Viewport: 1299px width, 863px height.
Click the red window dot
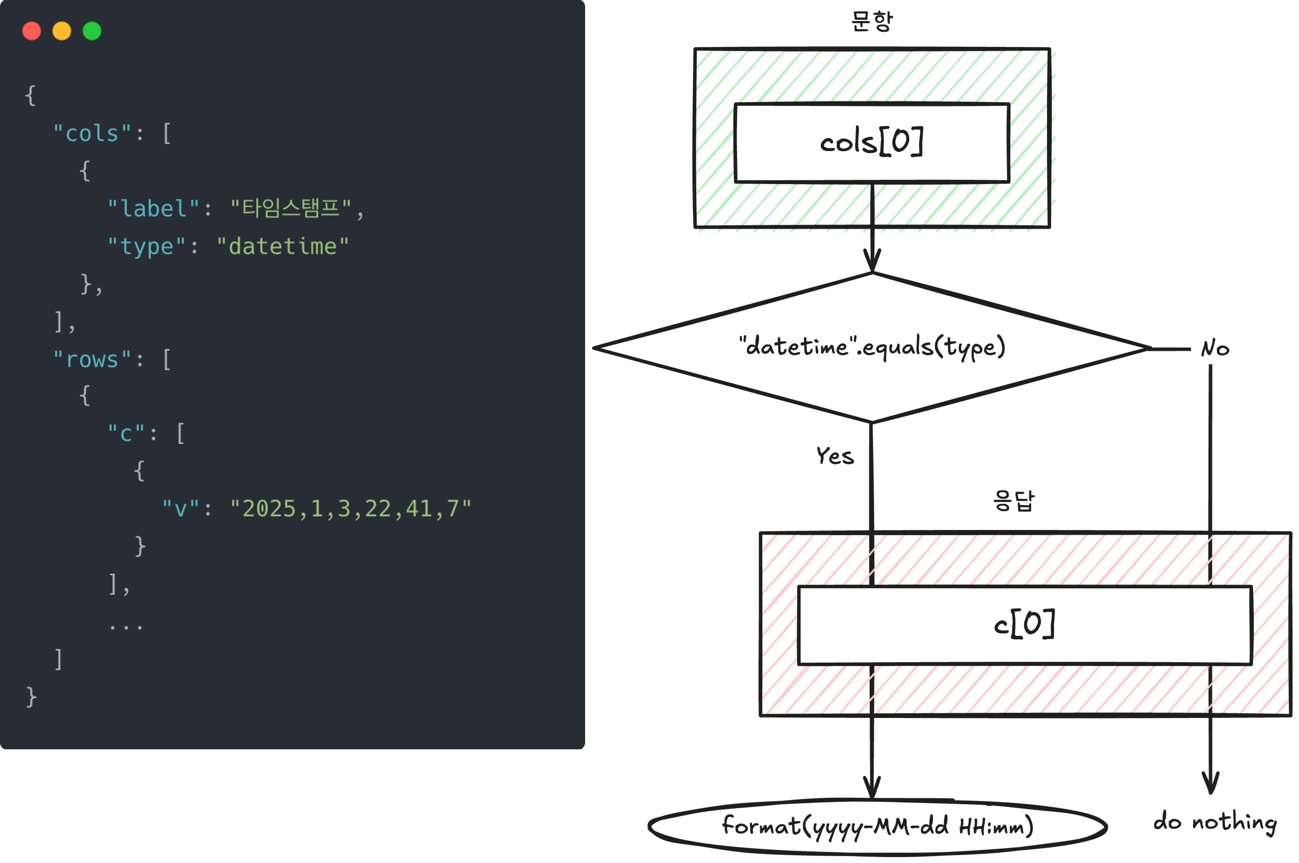[31, 31]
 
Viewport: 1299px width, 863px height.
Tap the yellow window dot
[62, 31]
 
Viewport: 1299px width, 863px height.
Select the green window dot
[92, 31]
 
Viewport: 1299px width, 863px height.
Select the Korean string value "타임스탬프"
[291, 209]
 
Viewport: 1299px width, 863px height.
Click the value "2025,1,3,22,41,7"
[351, 509]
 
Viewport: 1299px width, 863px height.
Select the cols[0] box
[872, 142]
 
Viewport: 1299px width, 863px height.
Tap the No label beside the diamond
[1215, 348]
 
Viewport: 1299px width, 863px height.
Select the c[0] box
[1024, 625]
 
